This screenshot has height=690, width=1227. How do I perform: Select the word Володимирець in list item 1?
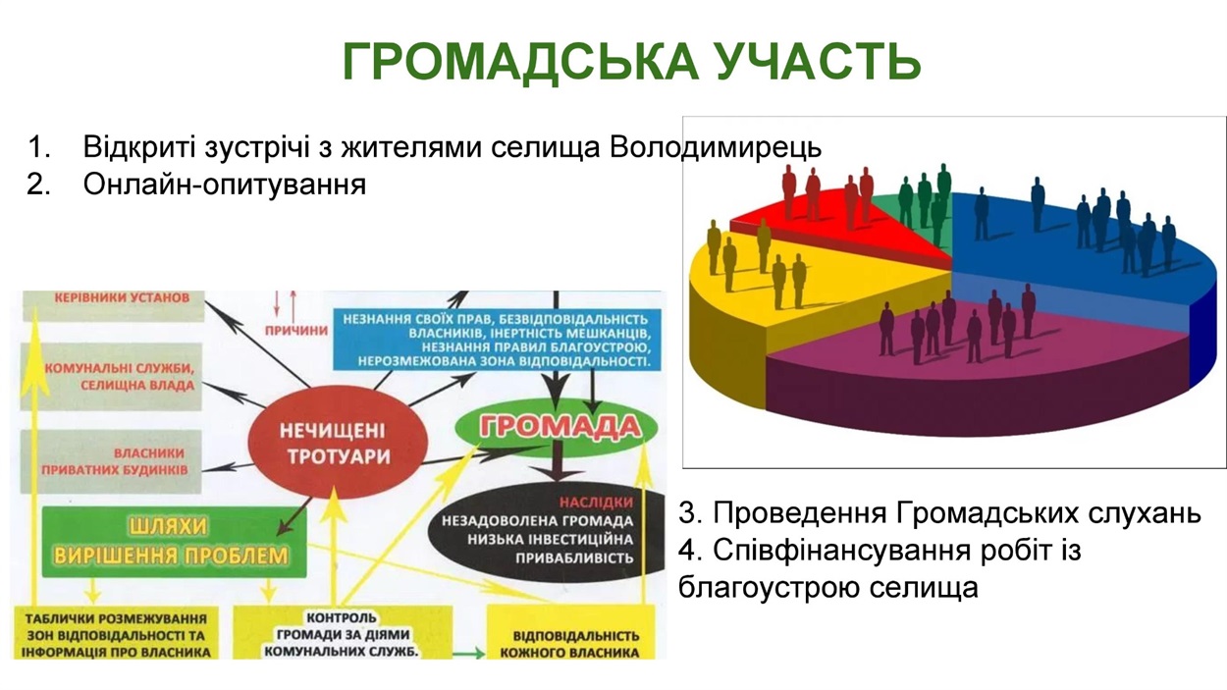[x=716, y=147]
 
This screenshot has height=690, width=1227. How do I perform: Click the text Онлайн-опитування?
[x=225, y=185]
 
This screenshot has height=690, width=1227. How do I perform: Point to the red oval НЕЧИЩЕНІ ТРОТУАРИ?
[x=338, y=443]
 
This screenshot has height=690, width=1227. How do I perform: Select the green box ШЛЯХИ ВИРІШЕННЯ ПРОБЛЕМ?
[x=174, y=542]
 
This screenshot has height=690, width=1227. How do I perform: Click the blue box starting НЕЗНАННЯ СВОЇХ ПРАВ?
[x=498, y=340]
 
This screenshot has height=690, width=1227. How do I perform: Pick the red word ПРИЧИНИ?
[x=295, y=330]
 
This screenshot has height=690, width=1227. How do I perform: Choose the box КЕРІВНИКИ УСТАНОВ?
[x=114, y=305]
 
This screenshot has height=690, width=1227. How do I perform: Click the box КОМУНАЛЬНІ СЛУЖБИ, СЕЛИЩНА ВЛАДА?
[x=111, y=377]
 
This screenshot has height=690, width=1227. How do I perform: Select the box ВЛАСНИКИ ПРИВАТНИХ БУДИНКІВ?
[x=111, y=461]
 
